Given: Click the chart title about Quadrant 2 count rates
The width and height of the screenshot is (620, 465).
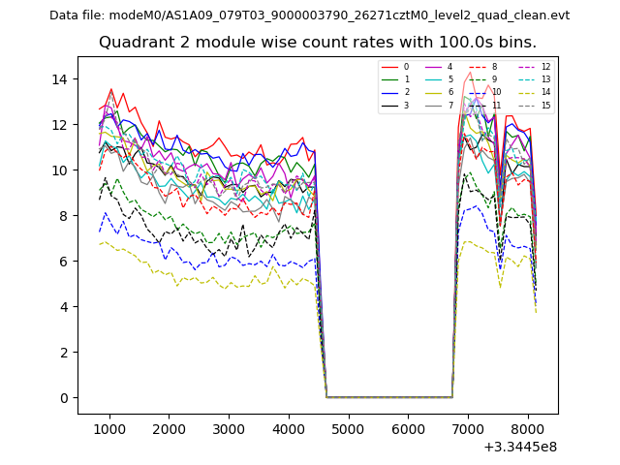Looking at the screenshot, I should pyautogui.click(x=317, y=43).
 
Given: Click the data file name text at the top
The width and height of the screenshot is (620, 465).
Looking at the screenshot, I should pyautogui.click(x=309, y=15).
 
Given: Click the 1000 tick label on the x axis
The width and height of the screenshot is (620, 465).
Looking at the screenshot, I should pyautogui.click(x=109, y=428).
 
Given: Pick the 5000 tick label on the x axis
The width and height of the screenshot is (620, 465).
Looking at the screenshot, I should pyautogui.click(x=348, y=428).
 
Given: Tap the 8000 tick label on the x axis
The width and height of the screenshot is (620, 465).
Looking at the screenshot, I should pyautogui.click(x=526, y=428).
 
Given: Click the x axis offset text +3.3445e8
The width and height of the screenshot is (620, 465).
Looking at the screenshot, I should pyautogui.click(x=520, y=447).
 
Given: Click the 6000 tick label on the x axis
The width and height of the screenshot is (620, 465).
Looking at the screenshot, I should pyautogui.click(x=407, y=428).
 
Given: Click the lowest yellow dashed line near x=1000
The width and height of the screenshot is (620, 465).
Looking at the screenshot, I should pyautogui.click(x=109, y=244).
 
